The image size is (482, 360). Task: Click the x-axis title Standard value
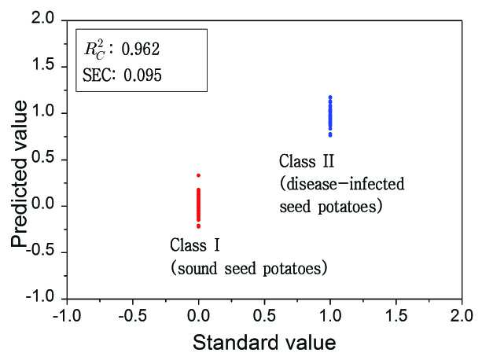coord(264,343)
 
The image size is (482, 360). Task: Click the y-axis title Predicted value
coord(19,174)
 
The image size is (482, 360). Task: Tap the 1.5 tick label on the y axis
coord(42,64)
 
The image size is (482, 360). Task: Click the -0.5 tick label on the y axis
coord(40,251)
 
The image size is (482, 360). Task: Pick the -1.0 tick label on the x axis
coord(67,316)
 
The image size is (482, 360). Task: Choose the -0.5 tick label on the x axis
coord(132,316)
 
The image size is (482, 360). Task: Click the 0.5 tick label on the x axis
coord(264,316)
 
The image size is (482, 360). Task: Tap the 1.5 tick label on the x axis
coord(396,316)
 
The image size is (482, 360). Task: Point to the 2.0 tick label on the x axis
coord(462,316)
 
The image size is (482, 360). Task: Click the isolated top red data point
coord(199,175)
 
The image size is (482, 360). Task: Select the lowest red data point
coord(199,226)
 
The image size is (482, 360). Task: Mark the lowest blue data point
coord(330,135)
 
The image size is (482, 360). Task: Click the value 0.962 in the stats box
coord(141,50)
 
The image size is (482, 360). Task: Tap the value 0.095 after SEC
coord(142,75)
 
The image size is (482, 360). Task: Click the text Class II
coord(307,161)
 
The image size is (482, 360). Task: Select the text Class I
coord(195,245)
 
